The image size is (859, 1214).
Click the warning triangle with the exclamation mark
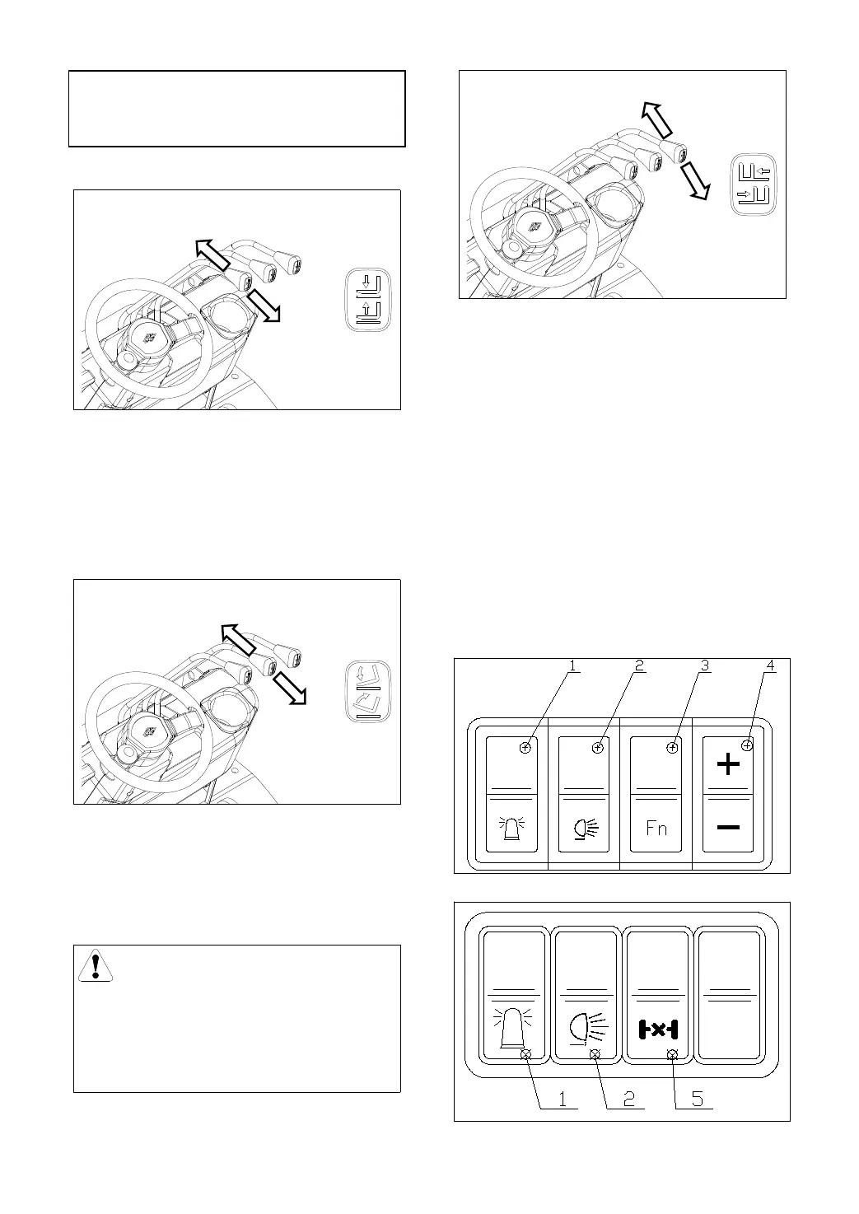tap(96, 965)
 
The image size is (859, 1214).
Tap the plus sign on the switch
tap(727, 766)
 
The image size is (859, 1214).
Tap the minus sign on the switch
tap(727, 828)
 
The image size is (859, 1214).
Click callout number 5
tap(698, 1099)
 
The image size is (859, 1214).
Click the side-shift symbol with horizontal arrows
tap(753, 184)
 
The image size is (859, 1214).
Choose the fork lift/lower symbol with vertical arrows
tap(367, 300)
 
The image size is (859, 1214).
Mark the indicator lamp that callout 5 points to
tap(672, 1055)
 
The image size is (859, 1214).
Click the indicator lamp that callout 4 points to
tap(747, 745)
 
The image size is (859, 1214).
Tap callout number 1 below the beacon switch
tap(563, 1099)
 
